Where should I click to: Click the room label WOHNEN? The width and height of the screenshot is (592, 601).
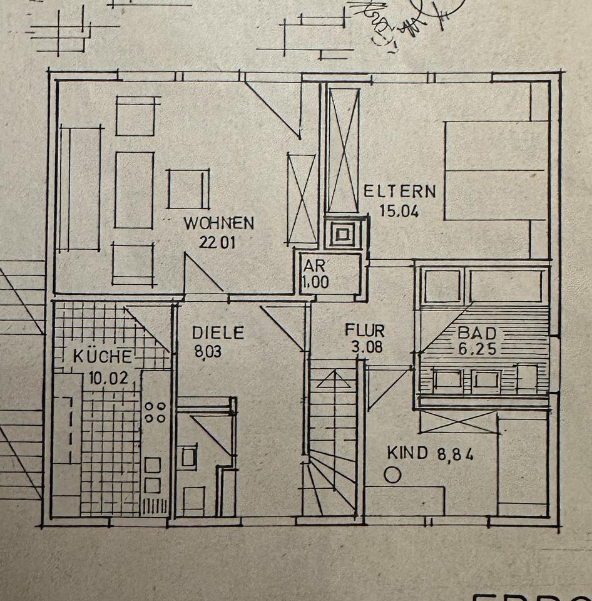(x=218, y=223)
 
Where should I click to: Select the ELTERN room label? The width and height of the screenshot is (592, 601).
(x=399, y=190)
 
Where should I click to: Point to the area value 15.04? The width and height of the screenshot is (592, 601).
(x=399, y=210)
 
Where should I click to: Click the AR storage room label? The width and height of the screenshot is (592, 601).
(x=314, y=265)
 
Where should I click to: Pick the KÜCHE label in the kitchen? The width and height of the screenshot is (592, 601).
(x=103, y=357)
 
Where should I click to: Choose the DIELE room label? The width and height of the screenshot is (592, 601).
(x=218, y=332)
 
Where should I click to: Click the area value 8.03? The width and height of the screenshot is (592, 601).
(x=208, y=352)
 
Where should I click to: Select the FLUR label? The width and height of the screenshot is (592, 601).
(x=365, y=330)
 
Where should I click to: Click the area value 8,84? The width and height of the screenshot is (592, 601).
(x=455, y=453)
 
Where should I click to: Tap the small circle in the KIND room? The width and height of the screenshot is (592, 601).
(x=392, y=475)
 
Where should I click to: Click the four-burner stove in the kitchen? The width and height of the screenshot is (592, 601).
(x=155, y=412)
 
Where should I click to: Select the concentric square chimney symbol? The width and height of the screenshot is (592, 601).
(x=342, y=235)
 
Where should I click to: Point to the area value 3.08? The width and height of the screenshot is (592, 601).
(x=364, y=346)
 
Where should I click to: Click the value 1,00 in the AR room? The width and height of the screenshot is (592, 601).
(x=315, y=282)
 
